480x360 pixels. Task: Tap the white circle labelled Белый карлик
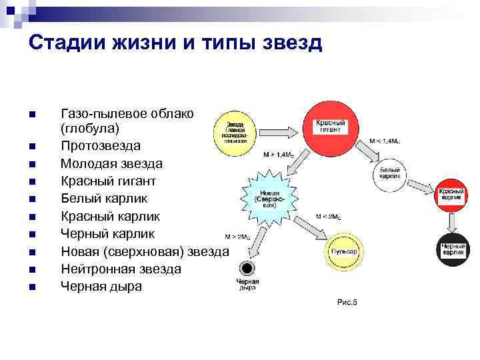[x=391, y=174]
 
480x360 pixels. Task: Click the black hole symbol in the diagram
[x=247, y=269]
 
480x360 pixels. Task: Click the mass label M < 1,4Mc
[x=385, y=142]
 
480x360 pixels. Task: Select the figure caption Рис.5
[x=347, y=302]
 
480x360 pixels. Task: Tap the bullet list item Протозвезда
[x=101, y=145]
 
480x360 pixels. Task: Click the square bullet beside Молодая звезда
[x=32, y=163]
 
